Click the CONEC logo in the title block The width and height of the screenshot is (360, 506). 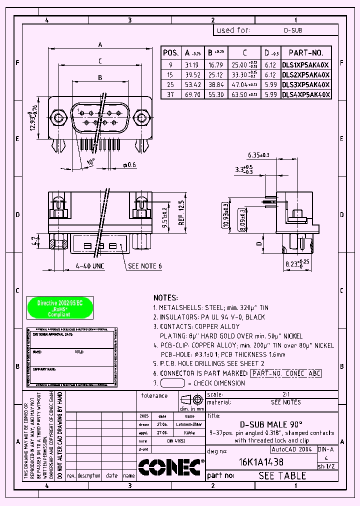170,468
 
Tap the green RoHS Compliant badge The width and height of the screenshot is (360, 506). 59,308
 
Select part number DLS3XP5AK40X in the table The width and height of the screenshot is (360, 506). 305,84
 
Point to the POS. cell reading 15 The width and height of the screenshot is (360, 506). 170,74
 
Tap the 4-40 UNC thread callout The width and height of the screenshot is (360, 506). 90,266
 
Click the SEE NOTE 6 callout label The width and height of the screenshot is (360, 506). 145,266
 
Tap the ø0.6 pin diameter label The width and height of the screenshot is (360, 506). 129,164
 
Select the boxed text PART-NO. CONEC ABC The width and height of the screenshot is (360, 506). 285,373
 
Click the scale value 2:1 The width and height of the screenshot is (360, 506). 285,394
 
